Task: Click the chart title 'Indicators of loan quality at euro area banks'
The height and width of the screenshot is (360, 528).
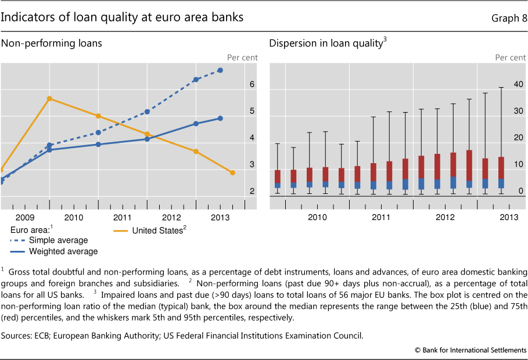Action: (x=122, y=18)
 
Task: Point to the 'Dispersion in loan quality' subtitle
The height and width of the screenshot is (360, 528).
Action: (x=326, y=44)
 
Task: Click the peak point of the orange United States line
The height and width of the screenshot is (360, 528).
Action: (x=49, y=99)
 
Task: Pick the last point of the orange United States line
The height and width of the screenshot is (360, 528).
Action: (x=232, y=172)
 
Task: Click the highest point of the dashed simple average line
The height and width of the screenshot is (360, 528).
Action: (x=220, y=70)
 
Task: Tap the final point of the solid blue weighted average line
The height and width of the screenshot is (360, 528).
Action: (x=220, y=118)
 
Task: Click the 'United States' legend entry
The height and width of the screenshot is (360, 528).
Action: (x=157, y=230)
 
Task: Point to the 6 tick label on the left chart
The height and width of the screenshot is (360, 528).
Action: (x=252, y=84)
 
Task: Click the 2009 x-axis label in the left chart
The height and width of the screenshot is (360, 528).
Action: (x=24, y=217)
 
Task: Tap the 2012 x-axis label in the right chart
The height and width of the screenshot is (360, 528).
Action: (x=445, y=217)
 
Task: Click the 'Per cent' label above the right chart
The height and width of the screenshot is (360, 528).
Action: (x=510, y=57)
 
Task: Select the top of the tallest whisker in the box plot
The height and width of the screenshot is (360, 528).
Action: (x=501, y=88)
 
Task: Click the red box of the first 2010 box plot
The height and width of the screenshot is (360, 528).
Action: (x=278, y=177)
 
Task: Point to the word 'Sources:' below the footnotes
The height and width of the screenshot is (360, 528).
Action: (x=17, y=334)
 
